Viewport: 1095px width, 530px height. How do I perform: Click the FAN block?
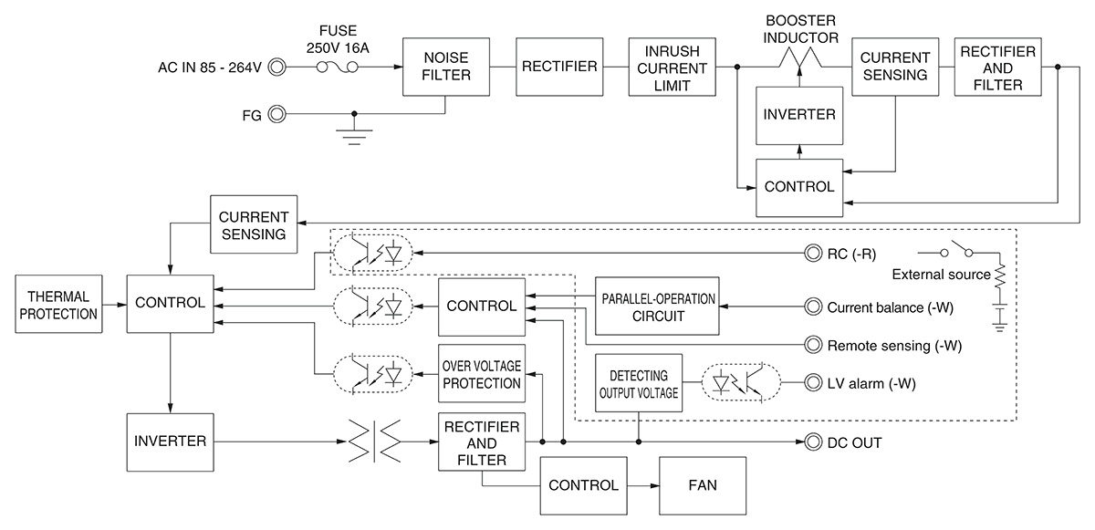pyautogui.click(x=703, y=485)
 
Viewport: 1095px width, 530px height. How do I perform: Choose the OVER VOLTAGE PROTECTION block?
pyautogui.click(x=482, y=374)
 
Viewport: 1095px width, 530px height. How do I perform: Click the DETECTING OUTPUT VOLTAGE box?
pyautogui.click(x=639, y=383)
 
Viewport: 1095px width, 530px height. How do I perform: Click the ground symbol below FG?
pyautogui.click(x=354, y=132)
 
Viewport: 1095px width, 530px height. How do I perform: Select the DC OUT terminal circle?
pyautogui.click(x=811, y=442)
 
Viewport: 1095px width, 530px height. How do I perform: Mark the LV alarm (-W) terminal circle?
pyautogui.click(x=811, y=384)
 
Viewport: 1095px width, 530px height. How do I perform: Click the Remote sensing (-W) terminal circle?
pyautogui.click(x=811, y=345)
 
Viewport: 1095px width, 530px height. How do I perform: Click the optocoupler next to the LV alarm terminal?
pyautogui.click(x=740, y=384)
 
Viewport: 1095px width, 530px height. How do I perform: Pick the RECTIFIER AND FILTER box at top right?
pyautogui.click(x=997, y=67)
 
